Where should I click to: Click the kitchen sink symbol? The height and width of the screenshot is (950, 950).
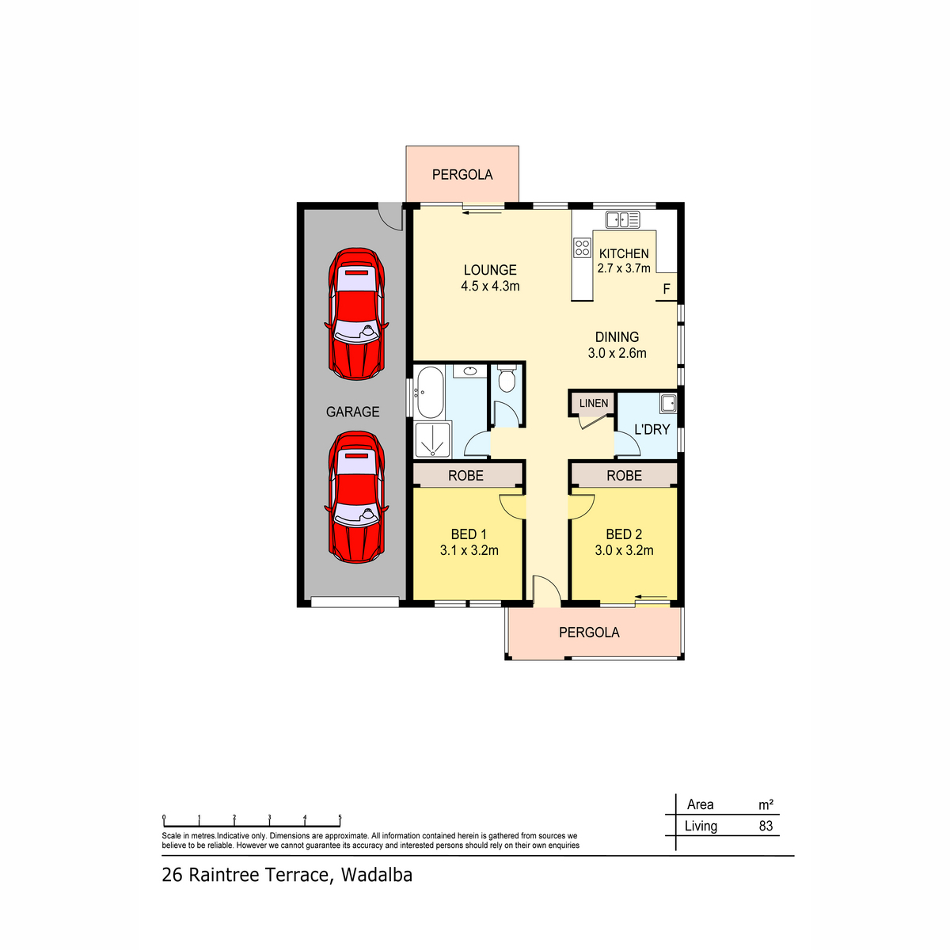click(623, 220)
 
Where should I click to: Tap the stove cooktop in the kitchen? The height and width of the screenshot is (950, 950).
click(582, 248)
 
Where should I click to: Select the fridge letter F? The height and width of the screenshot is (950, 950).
click(667, 289)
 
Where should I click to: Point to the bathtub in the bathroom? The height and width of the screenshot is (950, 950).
click(430, 393)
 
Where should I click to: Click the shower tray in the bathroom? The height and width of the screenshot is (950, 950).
click(433, 439)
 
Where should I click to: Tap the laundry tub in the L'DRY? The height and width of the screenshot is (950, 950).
click(668, 404)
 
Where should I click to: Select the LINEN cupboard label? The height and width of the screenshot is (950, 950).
click(594, 403)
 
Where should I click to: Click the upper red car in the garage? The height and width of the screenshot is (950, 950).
click(356, 313)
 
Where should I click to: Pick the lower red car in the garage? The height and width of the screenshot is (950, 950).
click(356, 497)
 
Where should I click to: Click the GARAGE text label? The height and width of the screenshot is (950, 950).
click(352, 412)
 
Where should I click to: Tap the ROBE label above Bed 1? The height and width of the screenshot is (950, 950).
click(465, 476)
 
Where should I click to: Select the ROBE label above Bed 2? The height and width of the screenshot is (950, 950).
click(624, 476)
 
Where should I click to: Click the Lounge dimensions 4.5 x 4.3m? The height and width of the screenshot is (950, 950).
click(490, 286)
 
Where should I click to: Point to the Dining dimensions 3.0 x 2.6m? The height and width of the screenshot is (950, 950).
click(617, 353)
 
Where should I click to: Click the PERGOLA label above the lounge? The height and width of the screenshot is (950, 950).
click(462, 174)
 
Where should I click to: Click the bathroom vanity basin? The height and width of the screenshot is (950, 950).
click(469, 370)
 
